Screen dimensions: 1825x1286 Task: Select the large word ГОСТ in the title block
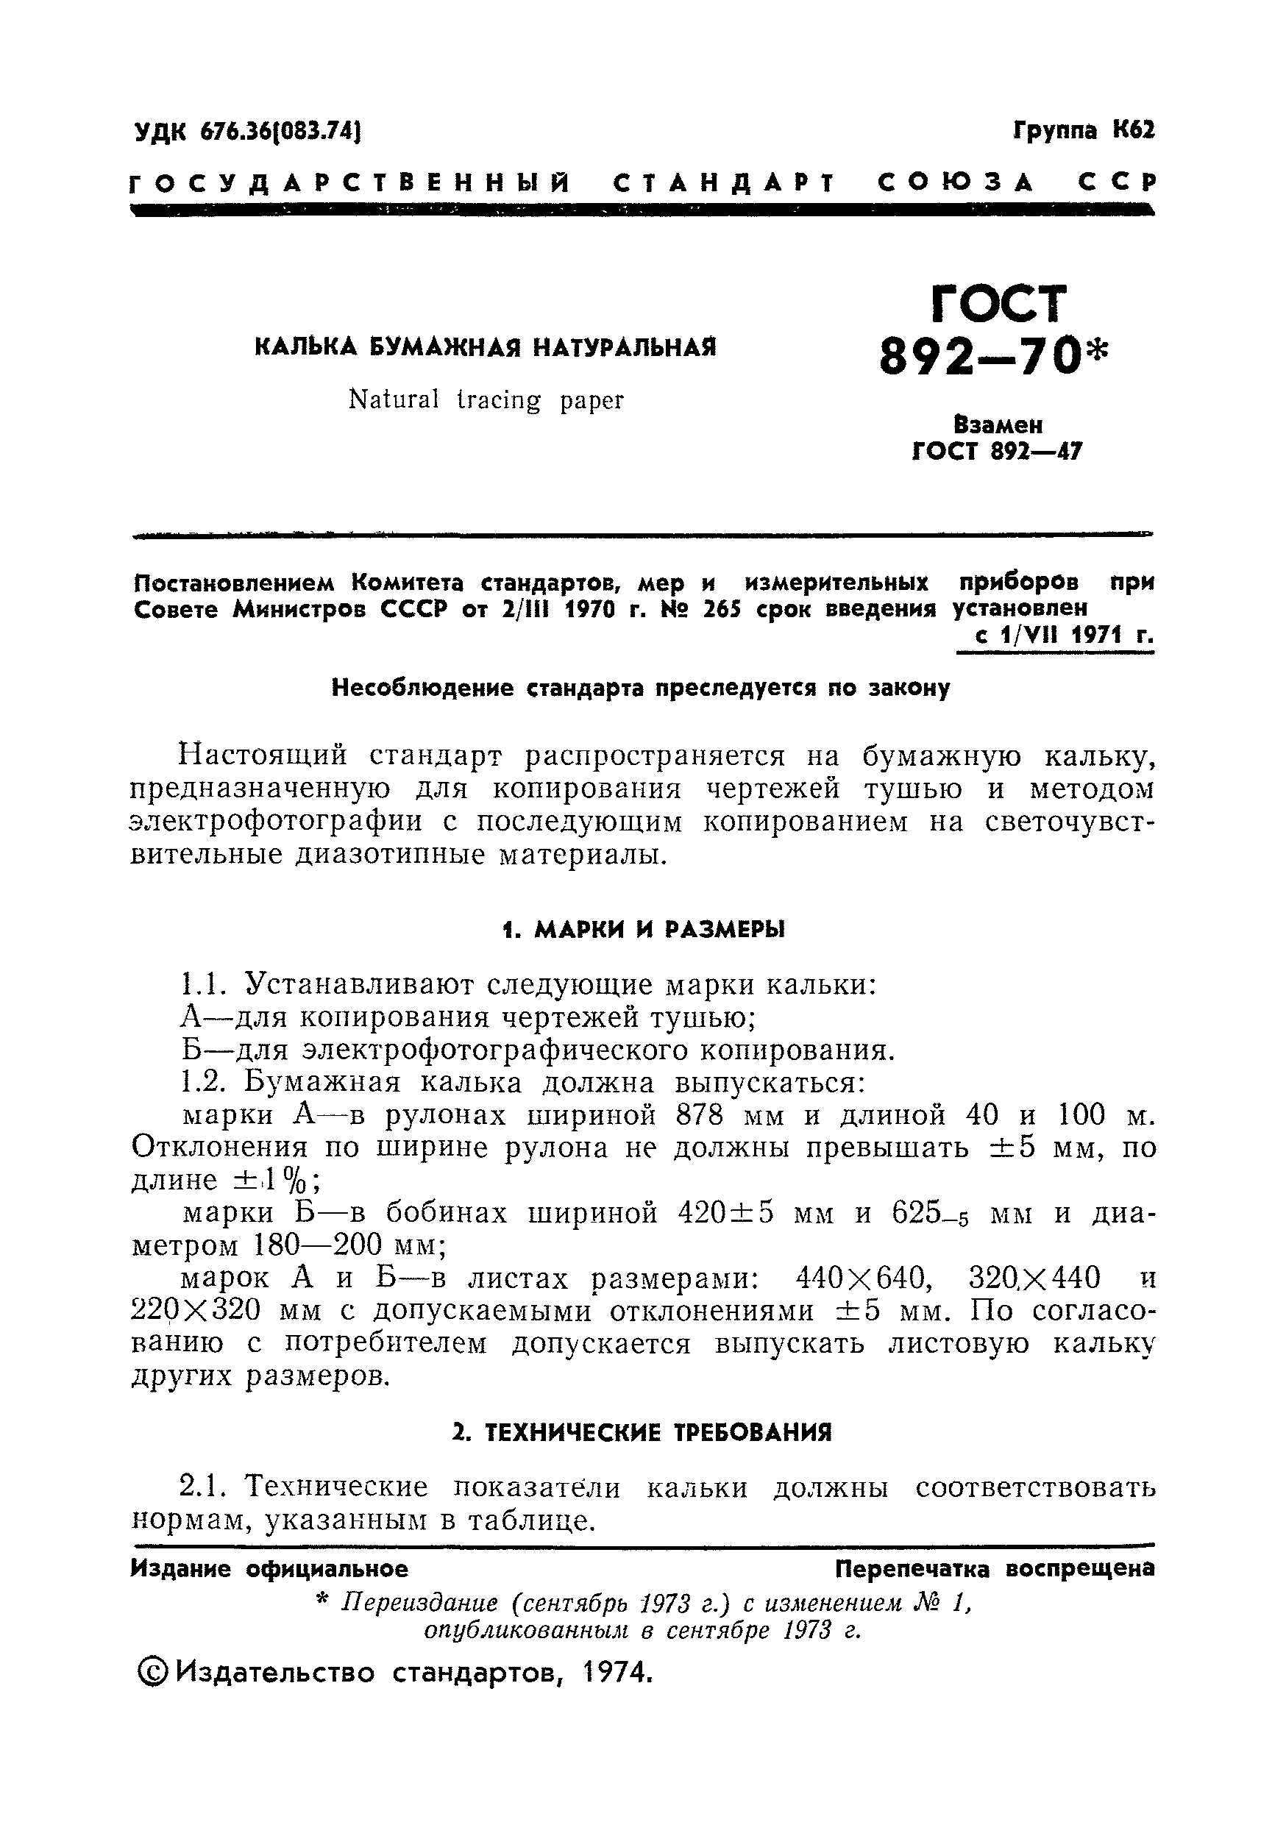click(x=997, y=305)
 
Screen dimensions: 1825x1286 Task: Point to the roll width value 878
click(x=700, y=1115)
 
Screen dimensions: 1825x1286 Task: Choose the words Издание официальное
click(x=269, y=1568)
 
